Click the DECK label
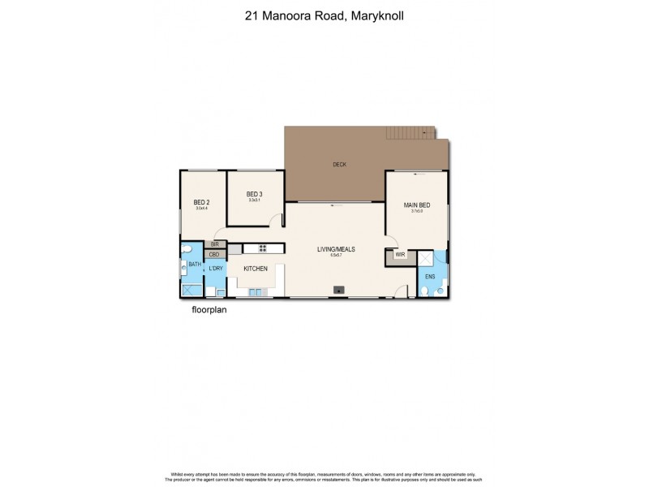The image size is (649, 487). (339, 165)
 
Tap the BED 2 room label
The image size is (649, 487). (201, 203)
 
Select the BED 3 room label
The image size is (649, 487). (255, 194)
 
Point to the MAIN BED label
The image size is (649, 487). (417, 205)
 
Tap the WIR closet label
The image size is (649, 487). (400, 256)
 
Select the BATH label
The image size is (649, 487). (195, 264)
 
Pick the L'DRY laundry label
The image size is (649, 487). (215, 268)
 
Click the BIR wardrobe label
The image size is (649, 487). (214, 243)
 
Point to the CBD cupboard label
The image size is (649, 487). (214, 254)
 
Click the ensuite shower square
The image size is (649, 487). (425, 259)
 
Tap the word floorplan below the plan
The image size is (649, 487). (208, 309)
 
